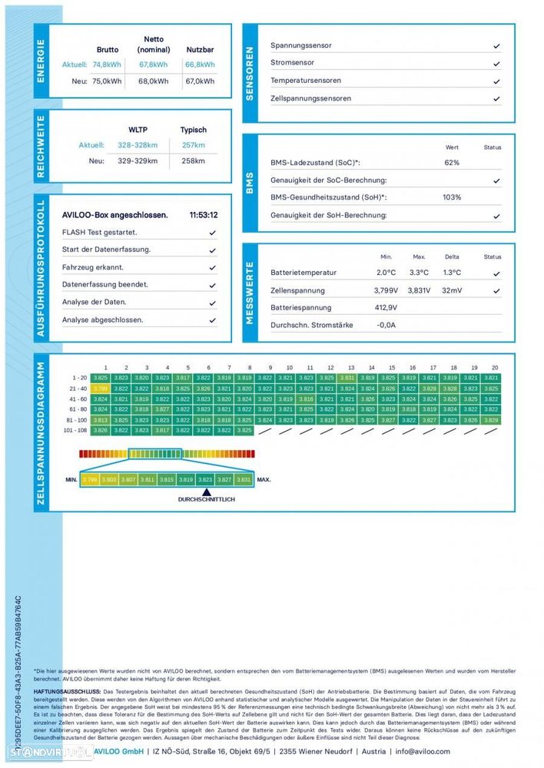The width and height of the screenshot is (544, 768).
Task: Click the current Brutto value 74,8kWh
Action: point(107,65)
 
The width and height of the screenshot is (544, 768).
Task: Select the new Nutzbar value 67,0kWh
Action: point(200,81)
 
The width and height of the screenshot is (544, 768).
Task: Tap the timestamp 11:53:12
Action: point(204,215)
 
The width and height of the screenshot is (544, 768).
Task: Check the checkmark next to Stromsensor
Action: point(496,64)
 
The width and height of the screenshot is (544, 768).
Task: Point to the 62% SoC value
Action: point(452,163)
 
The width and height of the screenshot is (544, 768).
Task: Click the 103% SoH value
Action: point(452,197)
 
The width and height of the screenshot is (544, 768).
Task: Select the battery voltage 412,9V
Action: point(386,307)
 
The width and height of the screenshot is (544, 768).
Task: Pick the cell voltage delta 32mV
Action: point(452,290)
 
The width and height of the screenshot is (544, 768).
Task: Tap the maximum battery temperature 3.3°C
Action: point(419,273)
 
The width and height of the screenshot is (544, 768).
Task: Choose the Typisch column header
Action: point(193,130)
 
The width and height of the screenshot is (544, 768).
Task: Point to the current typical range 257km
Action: point(193,145)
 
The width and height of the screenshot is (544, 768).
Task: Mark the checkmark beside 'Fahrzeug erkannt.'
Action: point(212,267)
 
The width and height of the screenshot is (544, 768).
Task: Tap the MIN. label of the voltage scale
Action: point(71,479)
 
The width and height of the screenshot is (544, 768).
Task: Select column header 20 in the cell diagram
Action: point(494,368)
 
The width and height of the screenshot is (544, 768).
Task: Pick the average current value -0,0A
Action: point(386,325)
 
